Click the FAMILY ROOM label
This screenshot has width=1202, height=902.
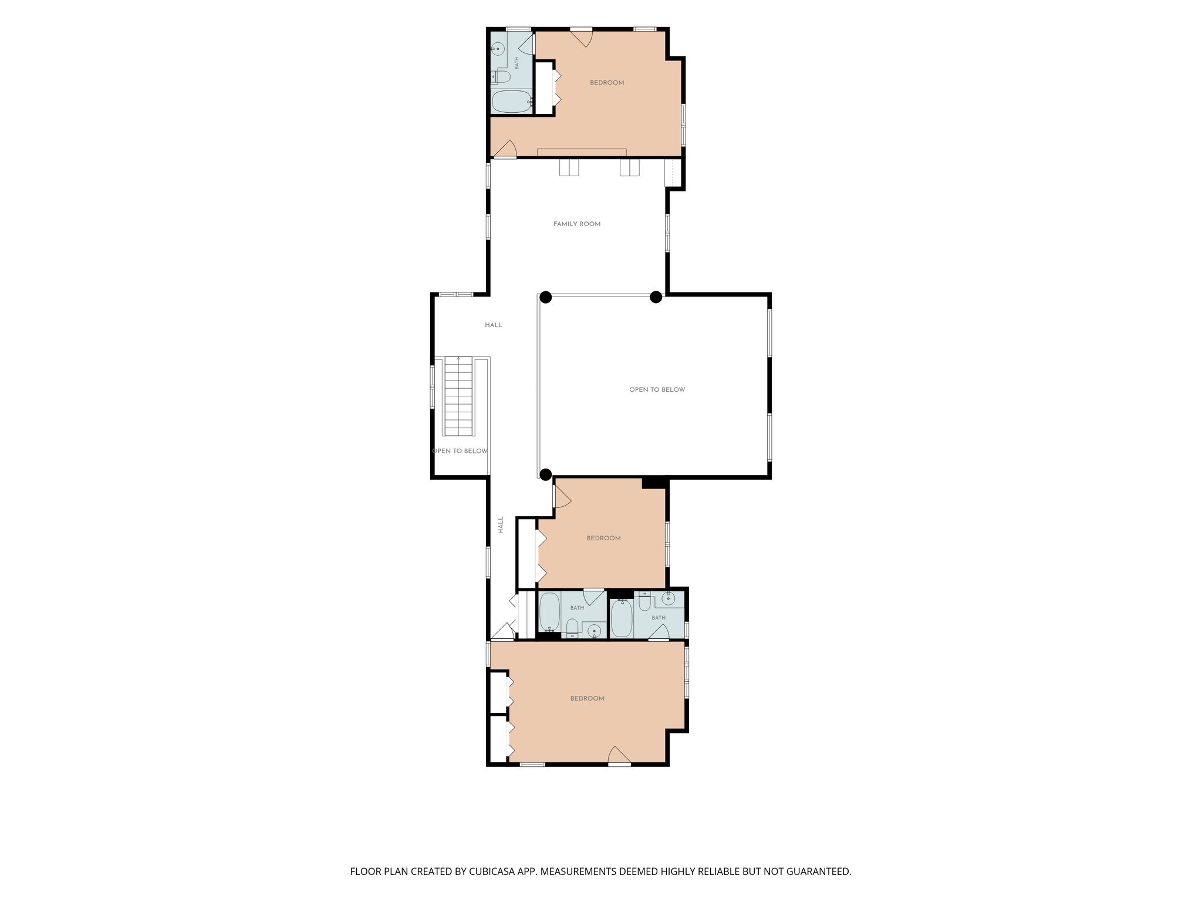(577, 224)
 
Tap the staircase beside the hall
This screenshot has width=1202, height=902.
(458, 396)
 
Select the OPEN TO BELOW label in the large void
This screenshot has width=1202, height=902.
(657, 389)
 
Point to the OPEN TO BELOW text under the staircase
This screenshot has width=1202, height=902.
(460, 451)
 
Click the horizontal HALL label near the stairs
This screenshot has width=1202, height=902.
(494, 325)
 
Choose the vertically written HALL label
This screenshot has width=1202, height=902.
(501, 524)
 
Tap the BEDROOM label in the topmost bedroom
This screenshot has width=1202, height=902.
(607, 83)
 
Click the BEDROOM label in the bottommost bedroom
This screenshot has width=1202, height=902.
(587, 698)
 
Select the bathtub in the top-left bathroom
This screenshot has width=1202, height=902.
(511, 101)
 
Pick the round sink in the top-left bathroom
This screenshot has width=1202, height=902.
(498, 48)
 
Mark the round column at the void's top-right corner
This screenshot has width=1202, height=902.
(656, 297)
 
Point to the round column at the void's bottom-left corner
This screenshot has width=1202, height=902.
(546, 474)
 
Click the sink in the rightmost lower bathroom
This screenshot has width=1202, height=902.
(667, 599)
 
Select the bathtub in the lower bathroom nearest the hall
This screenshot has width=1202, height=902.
(550, 612)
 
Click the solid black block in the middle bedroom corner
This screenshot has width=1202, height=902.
(654, 483)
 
